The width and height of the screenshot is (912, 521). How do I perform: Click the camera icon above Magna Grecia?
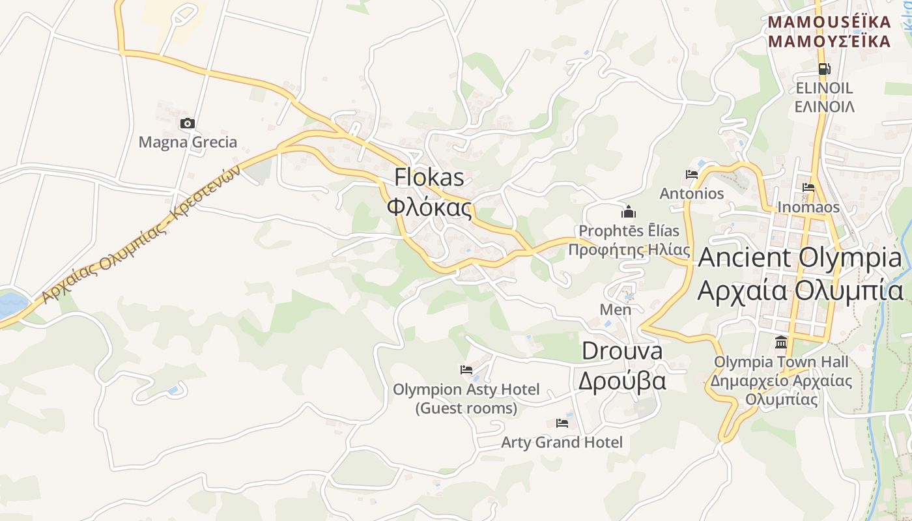click(x=188, y=123)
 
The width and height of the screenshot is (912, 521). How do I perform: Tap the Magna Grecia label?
click(x=188, y=142)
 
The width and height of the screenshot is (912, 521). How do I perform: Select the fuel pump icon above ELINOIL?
click(x=824, y=68)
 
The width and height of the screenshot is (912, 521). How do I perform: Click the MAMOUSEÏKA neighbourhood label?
click(x=829, y=22)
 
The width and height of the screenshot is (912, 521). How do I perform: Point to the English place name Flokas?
click(x=429, y=177)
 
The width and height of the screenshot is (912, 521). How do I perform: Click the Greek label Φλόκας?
click(x=429, y=206)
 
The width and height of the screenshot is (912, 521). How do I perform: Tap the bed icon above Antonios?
click(x=692, y=175)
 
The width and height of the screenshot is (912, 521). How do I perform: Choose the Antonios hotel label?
click(x=692, y=193)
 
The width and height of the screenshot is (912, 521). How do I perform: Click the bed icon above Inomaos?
click(x=808, y=188)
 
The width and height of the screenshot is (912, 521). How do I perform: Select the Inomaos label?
click(x=808, y=207)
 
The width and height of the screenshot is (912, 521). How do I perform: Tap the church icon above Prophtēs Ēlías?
click(x=629, y=212)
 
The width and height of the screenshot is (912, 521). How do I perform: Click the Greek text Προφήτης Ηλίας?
click(x=629, y=249)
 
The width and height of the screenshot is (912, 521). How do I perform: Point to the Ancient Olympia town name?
click(x=800, y=258)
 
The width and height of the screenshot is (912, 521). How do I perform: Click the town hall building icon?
click(x=781, y=342)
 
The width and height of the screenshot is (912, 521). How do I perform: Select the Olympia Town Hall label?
click(x=781, y=361)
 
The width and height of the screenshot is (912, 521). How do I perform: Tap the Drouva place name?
click(x=621, y=351)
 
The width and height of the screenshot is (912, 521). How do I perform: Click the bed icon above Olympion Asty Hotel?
click(x=466, y=370)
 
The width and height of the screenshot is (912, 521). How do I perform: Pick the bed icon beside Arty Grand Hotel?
click(x=562, y=423)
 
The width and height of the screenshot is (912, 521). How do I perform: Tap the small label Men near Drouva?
click(x=616, y=309)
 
